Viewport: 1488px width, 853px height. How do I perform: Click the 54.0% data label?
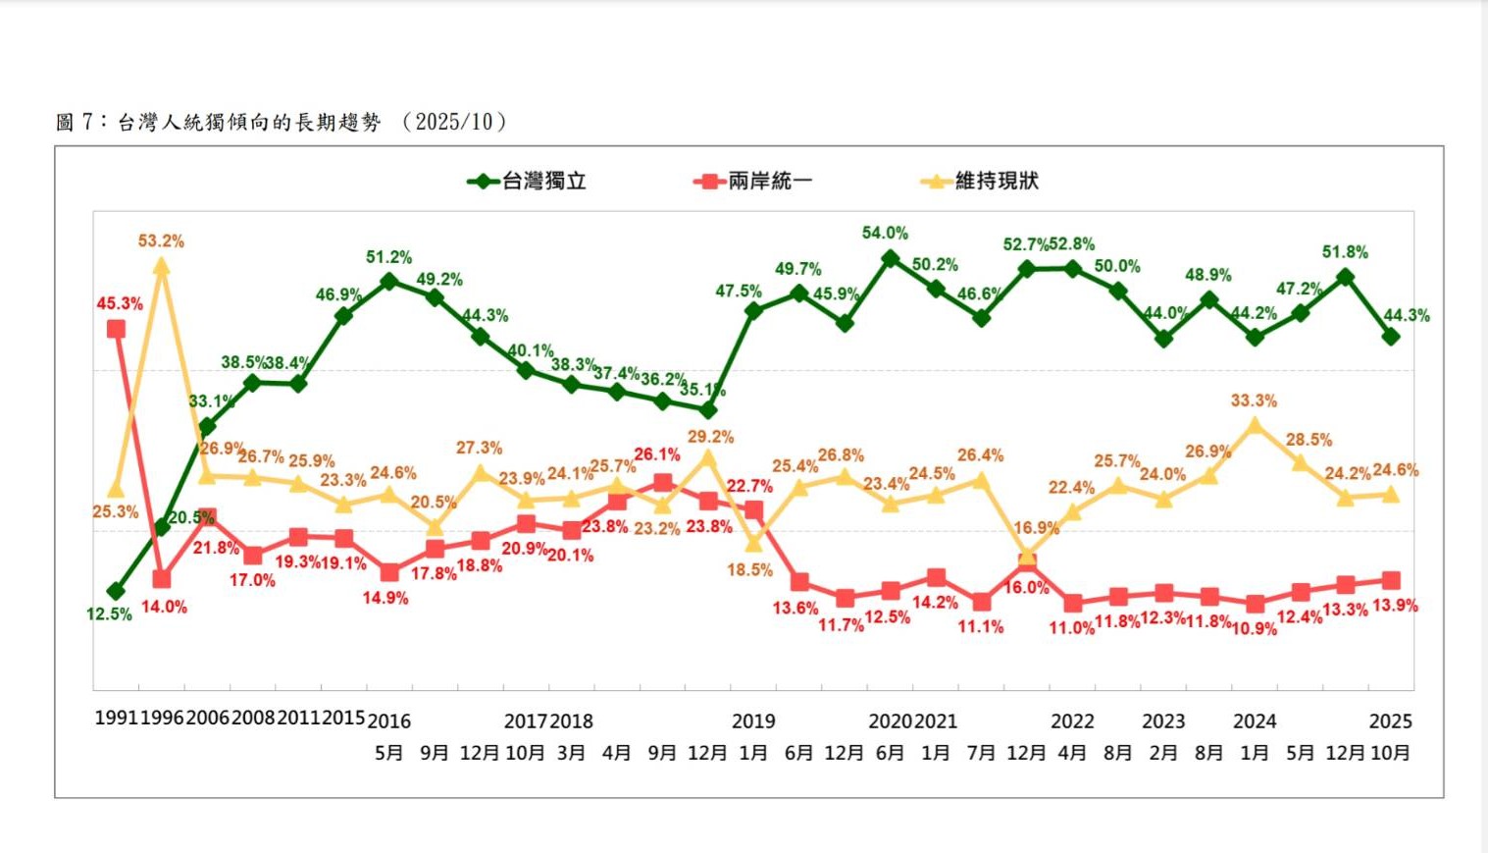885,233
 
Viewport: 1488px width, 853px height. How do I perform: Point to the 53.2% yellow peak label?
161,240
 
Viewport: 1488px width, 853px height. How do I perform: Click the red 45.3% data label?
120,303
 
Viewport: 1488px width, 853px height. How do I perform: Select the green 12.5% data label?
109,614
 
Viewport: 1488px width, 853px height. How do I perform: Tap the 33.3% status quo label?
1254,400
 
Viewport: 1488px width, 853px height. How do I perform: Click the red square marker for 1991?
117,329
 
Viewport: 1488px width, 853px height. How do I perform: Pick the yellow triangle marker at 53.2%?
162,266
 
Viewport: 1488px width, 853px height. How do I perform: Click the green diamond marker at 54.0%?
891,258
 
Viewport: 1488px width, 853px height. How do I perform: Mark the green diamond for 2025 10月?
1391,337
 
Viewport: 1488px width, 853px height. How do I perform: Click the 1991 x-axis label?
117,719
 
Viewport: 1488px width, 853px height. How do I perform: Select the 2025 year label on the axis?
1390,721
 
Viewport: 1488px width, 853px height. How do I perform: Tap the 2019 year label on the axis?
753,721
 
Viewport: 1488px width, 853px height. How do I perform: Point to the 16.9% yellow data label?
1036,528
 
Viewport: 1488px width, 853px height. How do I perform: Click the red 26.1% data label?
657,454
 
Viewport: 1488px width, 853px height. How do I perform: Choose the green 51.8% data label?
1345,252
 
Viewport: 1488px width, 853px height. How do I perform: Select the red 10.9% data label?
1254,628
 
